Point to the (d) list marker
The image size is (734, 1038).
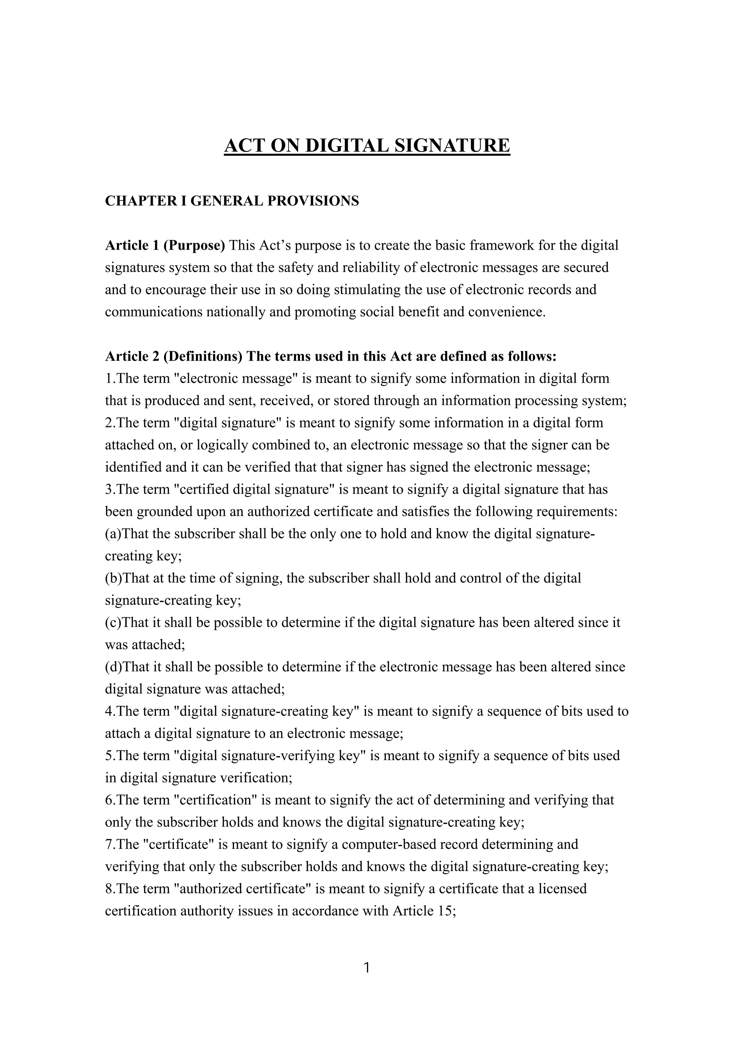[x=114, y=667]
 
